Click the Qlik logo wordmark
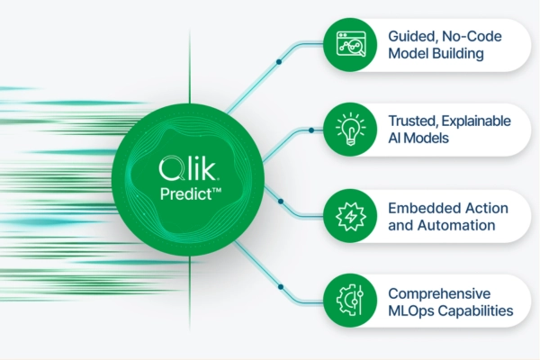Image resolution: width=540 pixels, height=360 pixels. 188,168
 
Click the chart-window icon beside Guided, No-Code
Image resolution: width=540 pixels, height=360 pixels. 351,44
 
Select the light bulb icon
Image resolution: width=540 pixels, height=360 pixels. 351,130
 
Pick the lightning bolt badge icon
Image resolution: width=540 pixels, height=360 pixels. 351,216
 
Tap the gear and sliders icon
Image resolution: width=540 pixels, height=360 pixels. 350,300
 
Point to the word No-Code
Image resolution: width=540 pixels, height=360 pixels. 472,36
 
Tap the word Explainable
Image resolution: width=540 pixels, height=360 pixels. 476,121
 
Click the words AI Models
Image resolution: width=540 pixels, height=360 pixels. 418,138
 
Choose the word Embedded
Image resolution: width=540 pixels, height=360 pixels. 417,209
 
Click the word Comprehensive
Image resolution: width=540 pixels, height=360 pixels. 439,294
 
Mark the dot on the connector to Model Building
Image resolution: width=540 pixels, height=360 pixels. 279,62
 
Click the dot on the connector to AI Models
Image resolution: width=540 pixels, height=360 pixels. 311,130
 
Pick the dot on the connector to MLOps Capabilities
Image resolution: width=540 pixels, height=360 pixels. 281,286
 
